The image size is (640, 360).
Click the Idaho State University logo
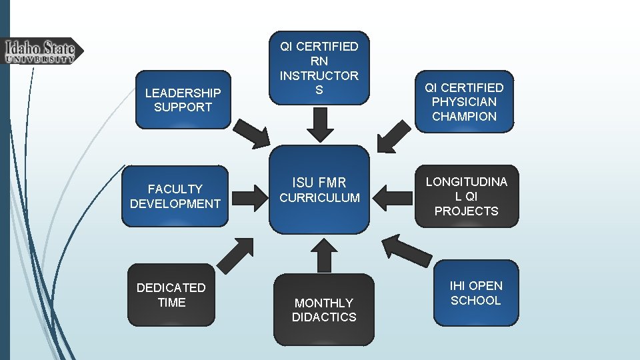click(42, 51)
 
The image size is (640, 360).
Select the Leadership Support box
click(183, 99)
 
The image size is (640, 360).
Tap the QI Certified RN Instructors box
click(319, 68)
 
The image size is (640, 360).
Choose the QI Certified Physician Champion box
click(464, 101)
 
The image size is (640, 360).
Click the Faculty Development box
click(175, 196)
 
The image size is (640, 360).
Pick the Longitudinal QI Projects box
click(466, 196)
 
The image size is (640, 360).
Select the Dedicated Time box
click(171, 295)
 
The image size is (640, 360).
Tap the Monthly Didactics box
click(324, 309)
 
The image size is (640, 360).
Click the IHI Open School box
click(475, 293)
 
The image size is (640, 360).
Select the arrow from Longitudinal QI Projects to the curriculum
click(393, 197)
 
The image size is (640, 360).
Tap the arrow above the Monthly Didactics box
click(324, 255)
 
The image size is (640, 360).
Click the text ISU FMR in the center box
click(319, 181)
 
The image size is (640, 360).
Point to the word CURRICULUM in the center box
click(319, 198)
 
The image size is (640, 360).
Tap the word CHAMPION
click(464, 116)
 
